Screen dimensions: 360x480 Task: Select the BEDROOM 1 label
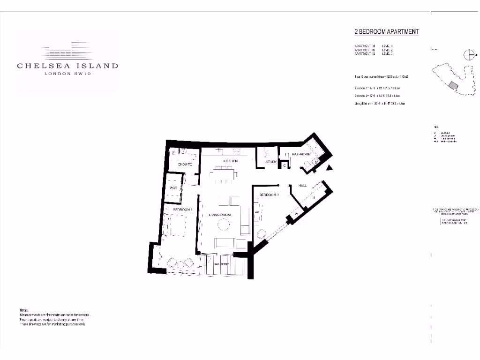coord(183,210)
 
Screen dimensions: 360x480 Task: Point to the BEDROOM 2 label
coord(269,195)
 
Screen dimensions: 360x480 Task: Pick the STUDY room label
coord(271,162)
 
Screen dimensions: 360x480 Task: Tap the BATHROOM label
coord(301,154)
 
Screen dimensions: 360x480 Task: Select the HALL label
coord(302,186)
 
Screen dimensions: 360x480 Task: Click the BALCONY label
coord(221,264)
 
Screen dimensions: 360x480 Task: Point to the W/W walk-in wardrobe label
coord(173,188)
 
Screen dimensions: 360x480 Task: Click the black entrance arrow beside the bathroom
coord(330,167)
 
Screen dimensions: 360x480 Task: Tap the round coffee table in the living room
coord(223,226)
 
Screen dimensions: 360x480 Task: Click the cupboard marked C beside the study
coord(284,165)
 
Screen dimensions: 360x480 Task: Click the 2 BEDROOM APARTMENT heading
coord(386,32)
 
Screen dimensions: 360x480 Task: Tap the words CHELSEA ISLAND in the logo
coord(67,66)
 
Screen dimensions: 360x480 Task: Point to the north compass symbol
coord(468,54)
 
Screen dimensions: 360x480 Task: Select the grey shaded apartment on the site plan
coord(452,85)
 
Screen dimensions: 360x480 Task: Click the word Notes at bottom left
coord(24,311)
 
